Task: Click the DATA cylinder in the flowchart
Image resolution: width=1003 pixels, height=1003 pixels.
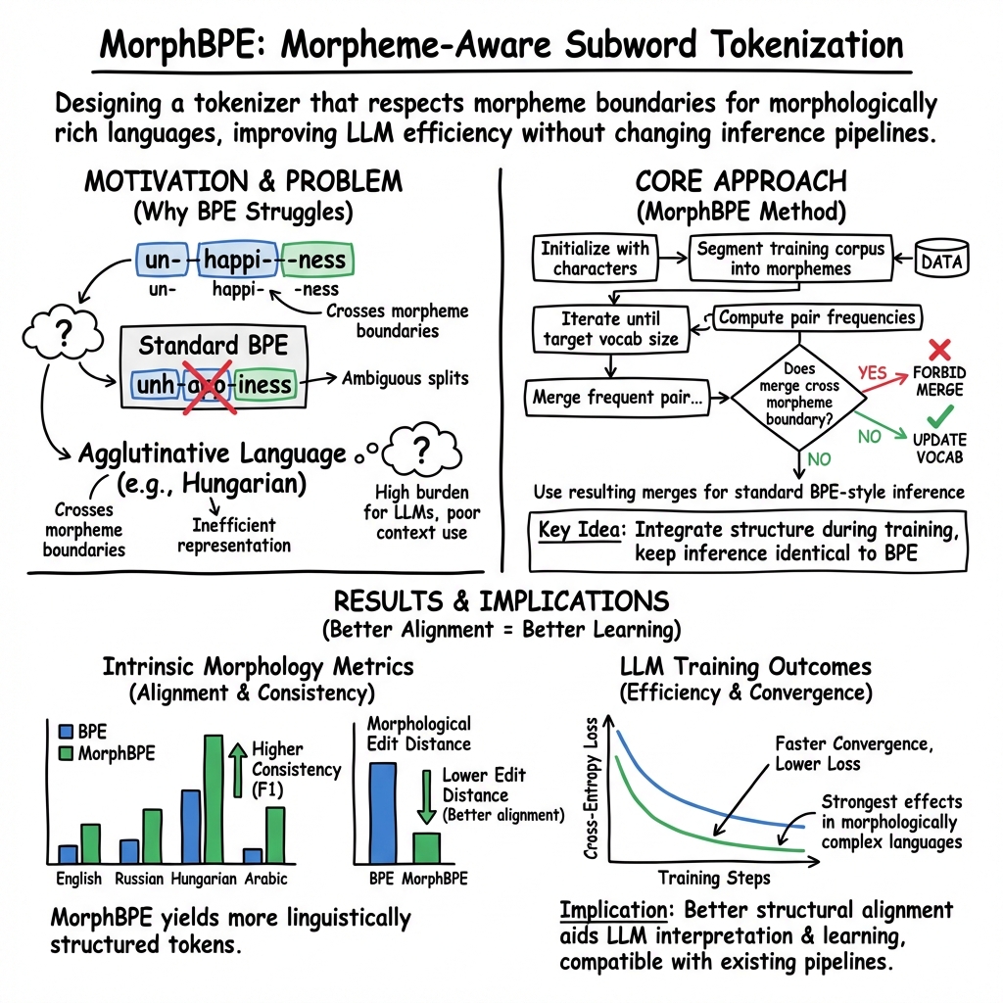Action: [941, 258]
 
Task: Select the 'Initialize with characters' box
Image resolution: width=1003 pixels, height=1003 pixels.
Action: [595, 258]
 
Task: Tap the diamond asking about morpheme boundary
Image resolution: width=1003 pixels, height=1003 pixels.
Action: [799, 398]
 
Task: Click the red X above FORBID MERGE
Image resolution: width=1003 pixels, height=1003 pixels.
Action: [939, 350]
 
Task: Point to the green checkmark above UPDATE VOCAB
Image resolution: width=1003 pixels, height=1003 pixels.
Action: [939, 416]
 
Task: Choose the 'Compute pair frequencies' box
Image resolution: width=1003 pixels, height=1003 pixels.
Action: [817, 317]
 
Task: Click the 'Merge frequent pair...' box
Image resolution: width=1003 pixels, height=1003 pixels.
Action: [617, 398]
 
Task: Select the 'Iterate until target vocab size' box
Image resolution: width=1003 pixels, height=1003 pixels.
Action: [611, 329]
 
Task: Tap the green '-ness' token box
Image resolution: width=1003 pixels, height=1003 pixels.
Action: [317, 260]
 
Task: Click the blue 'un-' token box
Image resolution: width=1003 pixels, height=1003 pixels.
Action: [163, 260]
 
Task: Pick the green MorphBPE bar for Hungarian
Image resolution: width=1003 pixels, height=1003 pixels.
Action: [214, 799]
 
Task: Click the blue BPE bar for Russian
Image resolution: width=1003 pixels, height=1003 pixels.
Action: [129, 851]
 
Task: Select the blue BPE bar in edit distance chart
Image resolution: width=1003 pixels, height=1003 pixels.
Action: [383, 813]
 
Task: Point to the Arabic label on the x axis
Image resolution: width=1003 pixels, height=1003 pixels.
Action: [266, 879]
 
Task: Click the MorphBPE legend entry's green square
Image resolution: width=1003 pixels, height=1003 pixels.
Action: [66, 753]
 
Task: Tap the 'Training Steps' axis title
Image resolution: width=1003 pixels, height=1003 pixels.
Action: [714, 879]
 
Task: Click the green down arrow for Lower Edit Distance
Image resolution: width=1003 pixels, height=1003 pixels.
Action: [427, 796]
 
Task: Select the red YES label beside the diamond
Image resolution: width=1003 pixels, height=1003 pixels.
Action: [873, 372]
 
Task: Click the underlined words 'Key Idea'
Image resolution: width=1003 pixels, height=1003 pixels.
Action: [580, 530]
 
